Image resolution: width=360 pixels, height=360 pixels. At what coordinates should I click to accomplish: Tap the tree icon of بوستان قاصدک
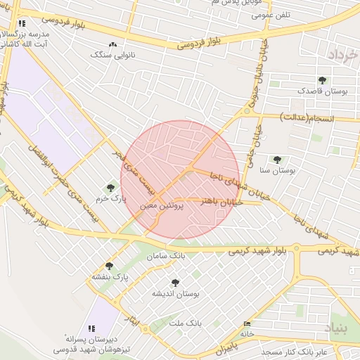tap(322, 80)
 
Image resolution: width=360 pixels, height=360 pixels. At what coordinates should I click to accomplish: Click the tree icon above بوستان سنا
tap(277, 160)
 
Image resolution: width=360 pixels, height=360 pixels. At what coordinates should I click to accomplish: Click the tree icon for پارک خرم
tap(110, 188)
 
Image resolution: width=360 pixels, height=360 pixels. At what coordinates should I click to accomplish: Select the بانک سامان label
tap(166, 257)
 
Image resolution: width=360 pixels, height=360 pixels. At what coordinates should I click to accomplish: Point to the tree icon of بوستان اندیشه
tap(175, 283)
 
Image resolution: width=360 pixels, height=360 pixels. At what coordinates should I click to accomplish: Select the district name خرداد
tap(343, 55)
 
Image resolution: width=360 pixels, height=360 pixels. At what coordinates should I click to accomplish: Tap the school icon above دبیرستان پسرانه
tap(91, 328)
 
